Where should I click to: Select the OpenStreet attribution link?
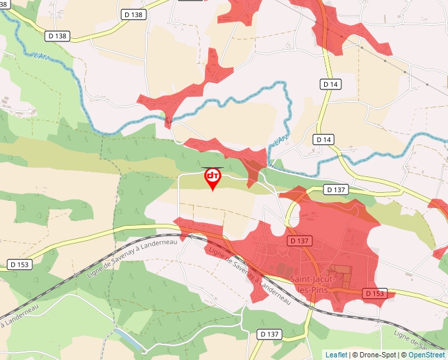point(427,355)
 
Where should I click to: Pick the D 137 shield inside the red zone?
point(299,241)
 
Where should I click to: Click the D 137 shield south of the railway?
point(269,334)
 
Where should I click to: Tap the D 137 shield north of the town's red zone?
point(335,190)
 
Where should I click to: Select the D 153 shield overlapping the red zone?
point(374,293)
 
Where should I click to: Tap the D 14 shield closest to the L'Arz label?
point(323,140)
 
